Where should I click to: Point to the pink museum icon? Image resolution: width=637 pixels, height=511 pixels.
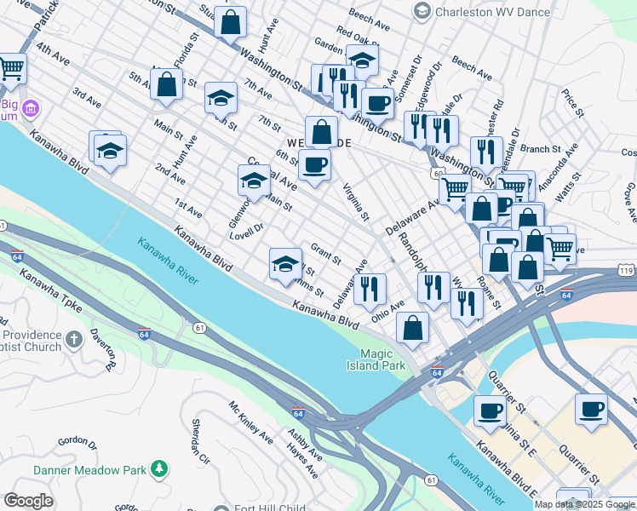(x=31, y=108)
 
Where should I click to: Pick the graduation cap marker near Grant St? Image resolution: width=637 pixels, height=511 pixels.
(x=286, y=263)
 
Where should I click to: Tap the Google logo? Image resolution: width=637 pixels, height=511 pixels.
(x=28, y=501)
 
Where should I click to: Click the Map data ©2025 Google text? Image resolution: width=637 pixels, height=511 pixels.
(x=584, y=504)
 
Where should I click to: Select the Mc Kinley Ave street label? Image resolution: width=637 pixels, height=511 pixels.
(x=250, y=422)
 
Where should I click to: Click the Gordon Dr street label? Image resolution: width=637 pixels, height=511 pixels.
(x=77, y=442)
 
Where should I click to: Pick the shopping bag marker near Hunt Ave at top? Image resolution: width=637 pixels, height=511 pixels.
(x=230, y=22)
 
